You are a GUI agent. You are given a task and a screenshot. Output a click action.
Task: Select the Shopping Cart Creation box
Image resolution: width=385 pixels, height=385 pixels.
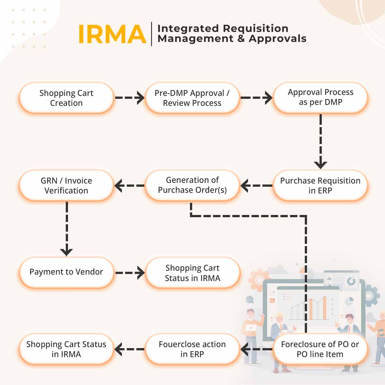66,98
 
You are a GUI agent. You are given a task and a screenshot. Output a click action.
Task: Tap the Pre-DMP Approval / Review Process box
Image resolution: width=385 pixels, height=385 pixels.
192,98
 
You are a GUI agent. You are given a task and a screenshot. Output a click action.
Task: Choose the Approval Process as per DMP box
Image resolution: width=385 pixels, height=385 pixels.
320,97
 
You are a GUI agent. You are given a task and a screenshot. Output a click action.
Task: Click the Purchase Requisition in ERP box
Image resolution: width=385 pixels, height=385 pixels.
320,185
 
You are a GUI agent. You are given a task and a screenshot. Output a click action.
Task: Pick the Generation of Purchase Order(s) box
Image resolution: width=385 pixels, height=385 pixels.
192,185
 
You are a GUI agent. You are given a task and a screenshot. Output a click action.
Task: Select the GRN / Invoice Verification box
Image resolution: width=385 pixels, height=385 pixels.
66,185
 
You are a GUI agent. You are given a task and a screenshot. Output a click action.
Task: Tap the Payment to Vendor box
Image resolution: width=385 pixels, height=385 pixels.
66,272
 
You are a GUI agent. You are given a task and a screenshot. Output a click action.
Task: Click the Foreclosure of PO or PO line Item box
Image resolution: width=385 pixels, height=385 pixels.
320,349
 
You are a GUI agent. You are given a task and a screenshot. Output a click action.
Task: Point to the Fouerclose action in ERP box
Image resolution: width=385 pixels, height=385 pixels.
192,349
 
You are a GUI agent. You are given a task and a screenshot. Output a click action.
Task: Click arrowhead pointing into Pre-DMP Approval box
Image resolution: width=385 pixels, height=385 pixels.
140,98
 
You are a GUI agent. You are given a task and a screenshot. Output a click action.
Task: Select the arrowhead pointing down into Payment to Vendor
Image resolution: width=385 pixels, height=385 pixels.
66,252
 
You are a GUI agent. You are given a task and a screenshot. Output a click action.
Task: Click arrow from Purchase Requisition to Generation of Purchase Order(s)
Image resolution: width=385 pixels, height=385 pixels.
257,185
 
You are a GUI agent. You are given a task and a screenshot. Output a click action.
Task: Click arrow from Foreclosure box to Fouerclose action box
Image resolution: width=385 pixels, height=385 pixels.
257,349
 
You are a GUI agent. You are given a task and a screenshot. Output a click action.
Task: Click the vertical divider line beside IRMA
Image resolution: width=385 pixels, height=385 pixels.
151,34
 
